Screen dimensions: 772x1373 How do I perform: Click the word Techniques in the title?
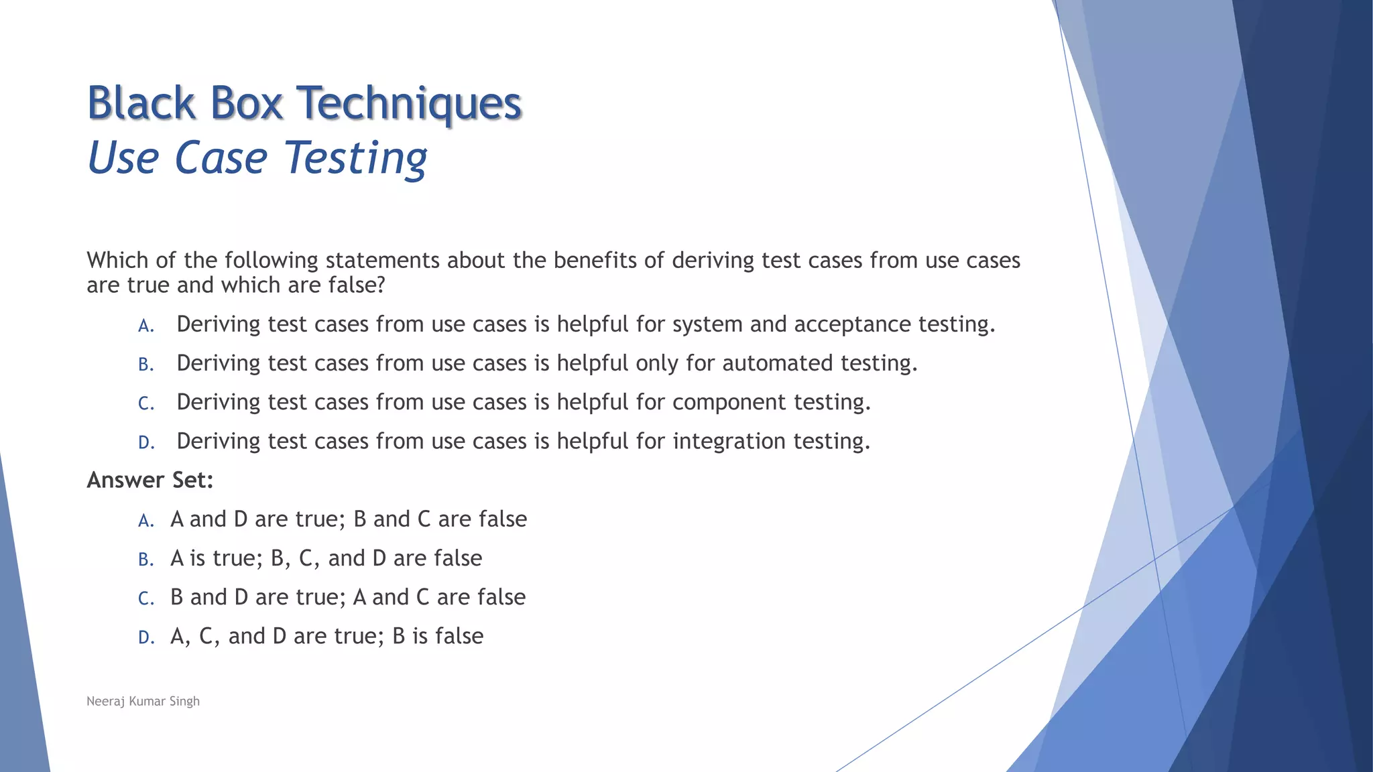[x=408, y=104]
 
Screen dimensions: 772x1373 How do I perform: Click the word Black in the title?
[x=141, y=104]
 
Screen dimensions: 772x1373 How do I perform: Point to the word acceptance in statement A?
[x=852, y=324]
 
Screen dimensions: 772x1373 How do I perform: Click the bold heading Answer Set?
[x=150, y=480]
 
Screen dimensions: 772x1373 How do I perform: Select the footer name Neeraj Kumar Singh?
[x=143, y=701]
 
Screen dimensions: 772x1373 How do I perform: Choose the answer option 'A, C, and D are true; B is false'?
[x=326, y=636]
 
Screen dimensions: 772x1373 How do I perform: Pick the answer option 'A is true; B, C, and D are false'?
[x=326, y=558]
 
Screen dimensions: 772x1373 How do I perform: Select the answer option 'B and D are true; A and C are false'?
[x=348, y=597]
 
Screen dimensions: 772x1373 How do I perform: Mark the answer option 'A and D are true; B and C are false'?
[x=349, y=519]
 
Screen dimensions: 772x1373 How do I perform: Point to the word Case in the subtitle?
[x=221, y=158]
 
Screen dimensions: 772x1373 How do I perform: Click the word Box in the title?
[x=246, y=104]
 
